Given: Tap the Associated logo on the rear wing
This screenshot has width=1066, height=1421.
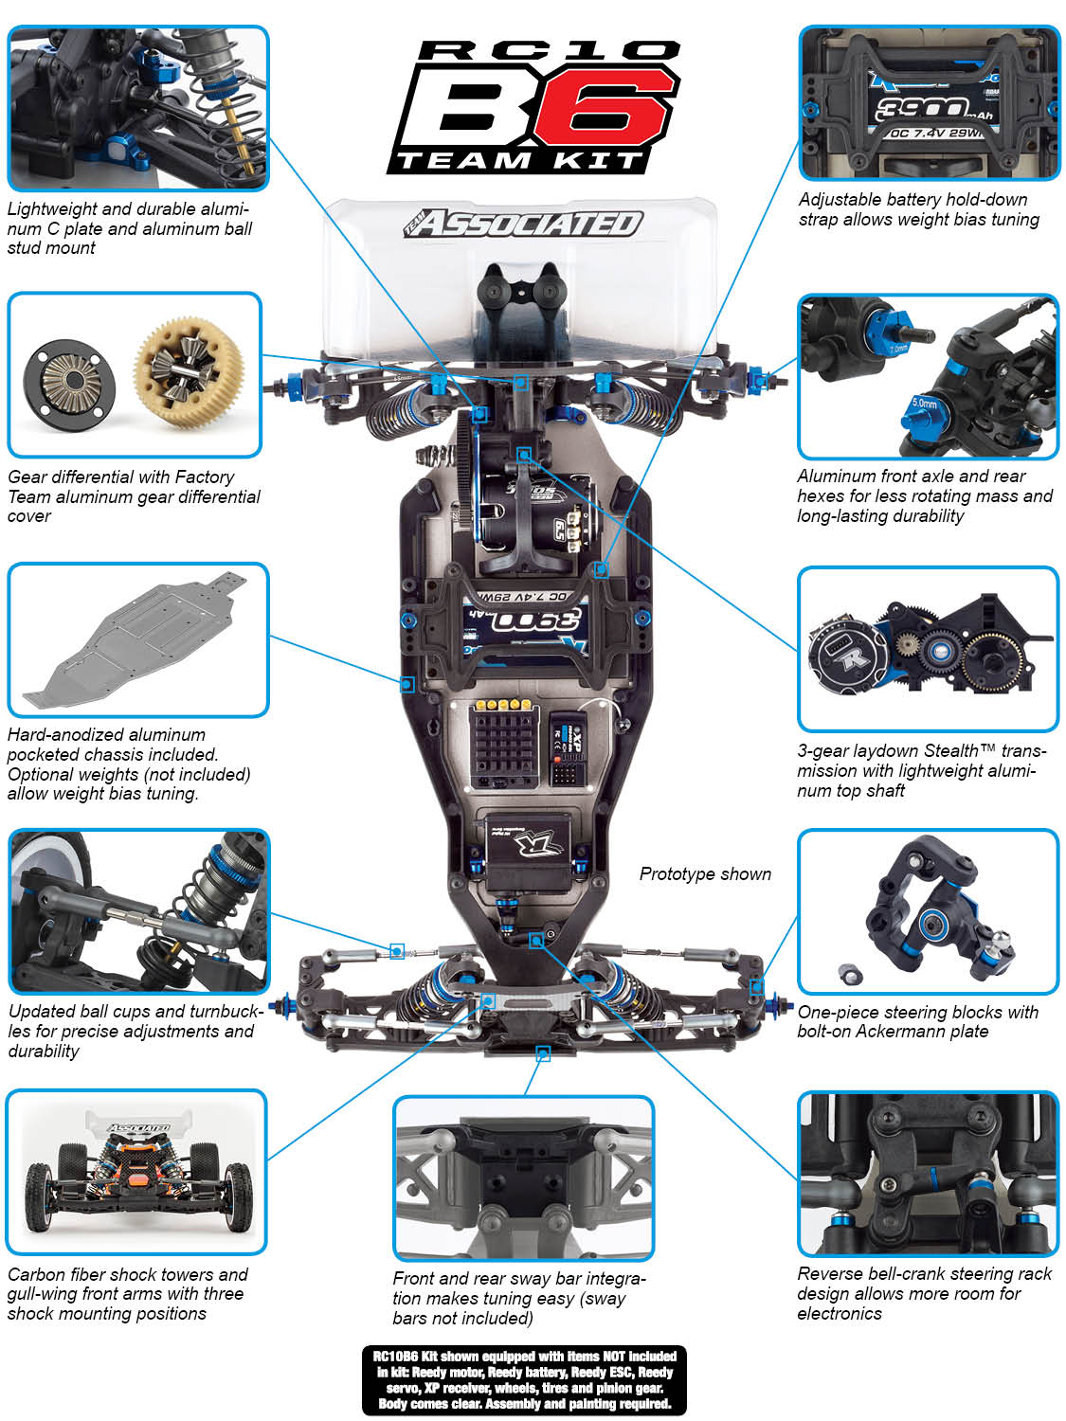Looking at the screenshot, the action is pyautogui.click(x=523, y=223).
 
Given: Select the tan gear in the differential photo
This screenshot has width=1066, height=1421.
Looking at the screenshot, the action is pyautogui.click(x=189, y=371).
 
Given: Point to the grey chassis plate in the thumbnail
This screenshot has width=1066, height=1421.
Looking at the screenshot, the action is pyautogui.click(x=135, y=639).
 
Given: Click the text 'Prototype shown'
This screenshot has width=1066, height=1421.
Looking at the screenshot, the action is pyautogui.click(x=705, y=874).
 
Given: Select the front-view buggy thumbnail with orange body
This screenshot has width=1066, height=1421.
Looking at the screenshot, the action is pyautogui.click(x=136, y=1172).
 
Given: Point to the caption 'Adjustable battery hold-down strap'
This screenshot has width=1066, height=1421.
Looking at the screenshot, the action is pyautogui.click(x=919, y=209).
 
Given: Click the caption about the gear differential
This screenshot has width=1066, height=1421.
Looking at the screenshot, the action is pyautogui.click(x=134, y=496).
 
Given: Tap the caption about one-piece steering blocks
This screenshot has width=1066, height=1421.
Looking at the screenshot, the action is pyautogui.click(x=918, y=1021).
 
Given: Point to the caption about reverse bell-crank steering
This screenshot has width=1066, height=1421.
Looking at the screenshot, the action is pyautogui.click(x=924, y=1293).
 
